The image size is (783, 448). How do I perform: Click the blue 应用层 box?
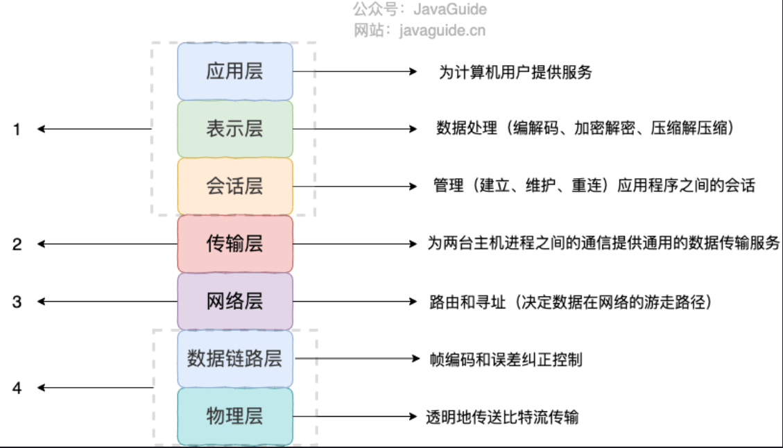coord(235,71)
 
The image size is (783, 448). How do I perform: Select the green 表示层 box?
coord(235,129)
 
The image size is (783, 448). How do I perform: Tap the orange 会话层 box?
coord(235,187)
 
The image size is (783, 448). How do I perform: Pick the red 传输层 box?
coord(235,244)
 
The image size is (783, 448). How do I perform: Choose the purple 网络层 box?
coord(235,301)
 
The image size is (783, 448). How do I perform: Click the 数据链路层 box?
coord(235,359)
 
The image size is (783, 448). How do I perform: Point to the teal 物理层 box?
coord(235,416)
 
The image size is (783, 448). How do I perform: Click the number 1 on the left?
coord(17,129)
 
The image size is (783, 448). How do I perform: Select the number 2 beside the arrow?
coord(17,244)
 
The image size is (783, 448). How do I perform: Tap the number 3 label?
coord(17,302)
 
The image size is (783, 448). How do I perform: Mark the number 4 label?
coord(17,388)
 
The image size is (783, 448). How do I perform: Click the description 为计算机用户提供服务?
coord(515,72)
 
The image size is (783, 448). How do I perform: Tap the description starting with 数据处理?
coord(584,129)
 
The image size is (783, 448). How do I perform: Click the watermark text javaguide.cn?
coord(442,31)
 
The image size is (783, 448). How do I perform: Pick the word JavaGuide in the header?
coord(450,10)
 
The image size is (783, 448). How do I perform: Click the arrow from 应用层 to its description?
coord(354,71)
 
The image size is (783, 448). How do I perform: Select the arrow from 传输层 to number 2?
coord(107,244)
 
